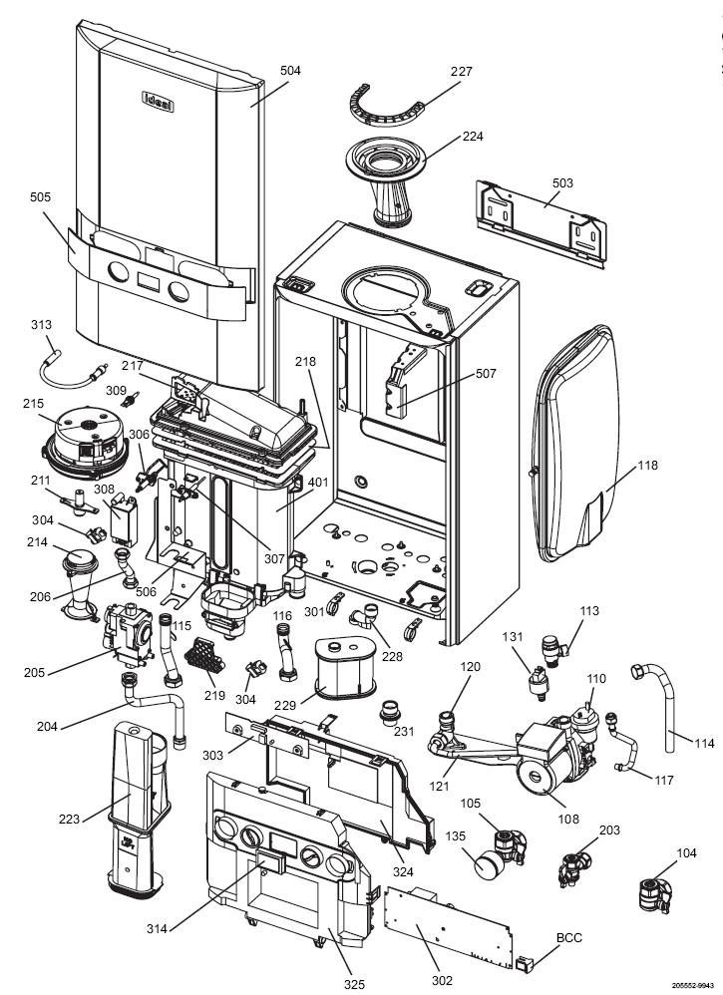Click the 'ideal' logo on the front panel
(158, 102)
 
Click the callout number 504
(290, 71)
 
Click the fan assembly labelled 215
(85, 443)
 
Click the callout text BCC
(568, 938)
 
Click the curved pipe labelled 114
(658, 703)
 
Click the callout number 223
(69, 819)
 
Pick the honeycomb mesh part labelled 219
(204, 655)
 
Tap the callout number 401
(318, 483)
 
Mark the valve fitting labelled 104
(653, 894)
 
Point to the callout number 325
(355, 984)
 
